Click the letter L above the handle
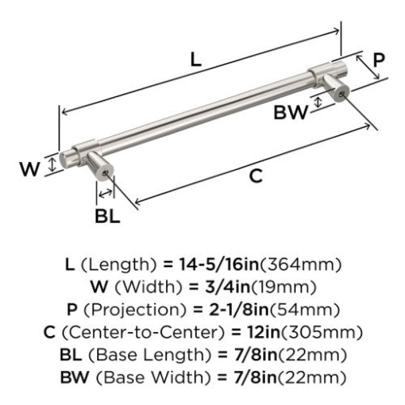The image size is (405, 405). (x=195, y=59)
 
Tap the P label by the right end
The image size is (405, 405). (x=379, y=60)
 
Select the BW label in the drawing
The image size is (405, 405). (x=291, y=112)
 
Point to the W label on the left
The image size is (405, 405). (x=30, y=169)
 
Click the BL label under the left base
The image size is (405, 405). (x=107, y=216)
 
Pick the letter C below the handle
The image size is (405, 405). (x=256, y=176)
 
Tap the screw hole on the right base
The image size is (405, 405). (x=341, y=94)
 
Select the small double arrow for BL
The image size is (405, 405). (x=105, y=193)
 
